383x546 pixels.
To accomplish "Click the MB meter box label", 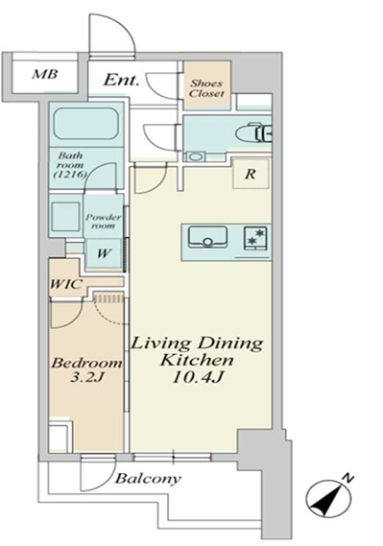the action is [44, 74].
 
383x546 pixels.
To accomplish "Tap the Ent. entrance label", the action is [122, 80].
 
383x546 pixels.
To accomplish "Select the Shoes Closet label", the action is [206, 88].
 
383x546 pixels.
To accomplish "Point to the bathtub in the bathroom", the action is [86, 124].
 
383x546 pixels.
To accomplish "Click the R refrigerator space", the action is [251, 174].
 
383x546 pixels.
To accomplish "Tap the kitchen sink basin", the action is [208, 237].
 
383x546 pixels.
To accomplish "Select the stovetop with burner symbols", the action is [256, 238].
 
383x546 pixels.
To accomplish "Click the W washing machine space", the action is [103, 253].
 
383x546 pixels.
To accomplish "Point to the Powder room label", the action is [104, 221].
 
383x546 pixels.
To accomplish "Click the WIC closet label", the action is [66, 284].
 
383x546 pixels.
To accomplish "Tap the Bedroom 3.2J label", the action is [86, 369].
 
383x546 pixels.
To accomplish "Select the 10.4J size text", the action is [197, 377].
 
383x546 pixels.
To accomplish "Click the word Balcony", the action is [149, 479].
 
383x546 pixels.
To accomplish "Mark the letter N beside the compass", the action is [347, 479].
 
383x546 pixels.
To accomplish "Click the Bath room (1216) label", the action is [71, 164].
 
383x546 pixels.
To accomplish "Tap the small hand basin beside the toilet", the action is [195, 156].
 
